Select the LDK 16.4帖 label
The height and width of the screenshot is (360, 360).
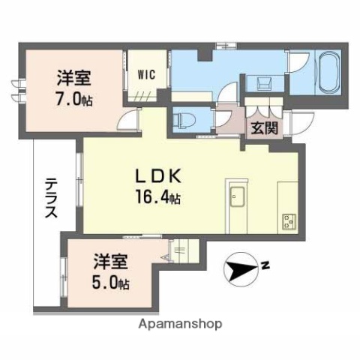coord(158,187)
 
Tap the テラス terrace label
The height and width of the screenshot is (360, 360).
coord(50,199)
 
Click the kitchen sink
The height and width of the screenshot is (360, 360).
coord(238,197)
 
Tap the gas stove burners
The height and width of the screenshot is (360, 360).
coord(289,220)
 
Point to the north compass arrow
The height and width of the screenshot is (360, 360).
coord(242,268)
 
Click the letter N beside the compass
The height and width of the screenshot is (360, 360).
coord(266,264)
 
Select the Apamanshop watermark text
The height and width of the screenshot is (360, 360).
coord(180,324)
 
